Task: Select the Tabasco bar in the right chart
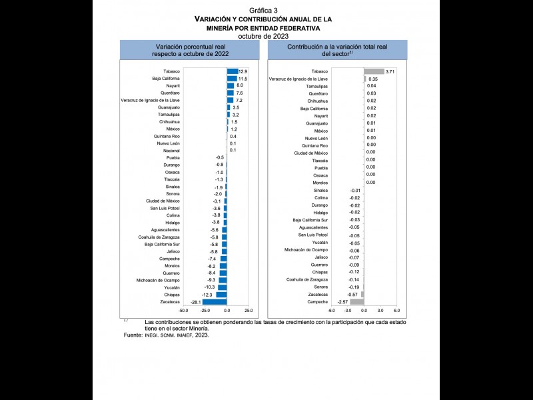374,71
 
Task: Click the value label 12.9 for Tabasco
243,71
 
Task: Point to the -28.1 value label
196,302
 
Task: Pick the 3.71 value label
390,71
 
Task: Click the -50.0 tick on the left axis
184,311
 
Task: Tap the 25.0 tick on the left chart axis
248,311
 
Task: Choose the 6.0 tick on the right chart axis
396,311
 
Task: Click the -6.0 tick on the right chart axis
331,311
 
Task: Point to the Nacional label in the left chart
171,151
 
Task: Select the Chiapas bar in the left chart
221,295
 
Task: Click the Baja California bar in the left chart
231,79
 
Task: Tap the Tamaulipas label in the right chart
317,86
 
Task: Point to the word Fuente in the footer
133,335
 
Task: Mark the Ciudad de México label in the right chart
311,153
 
